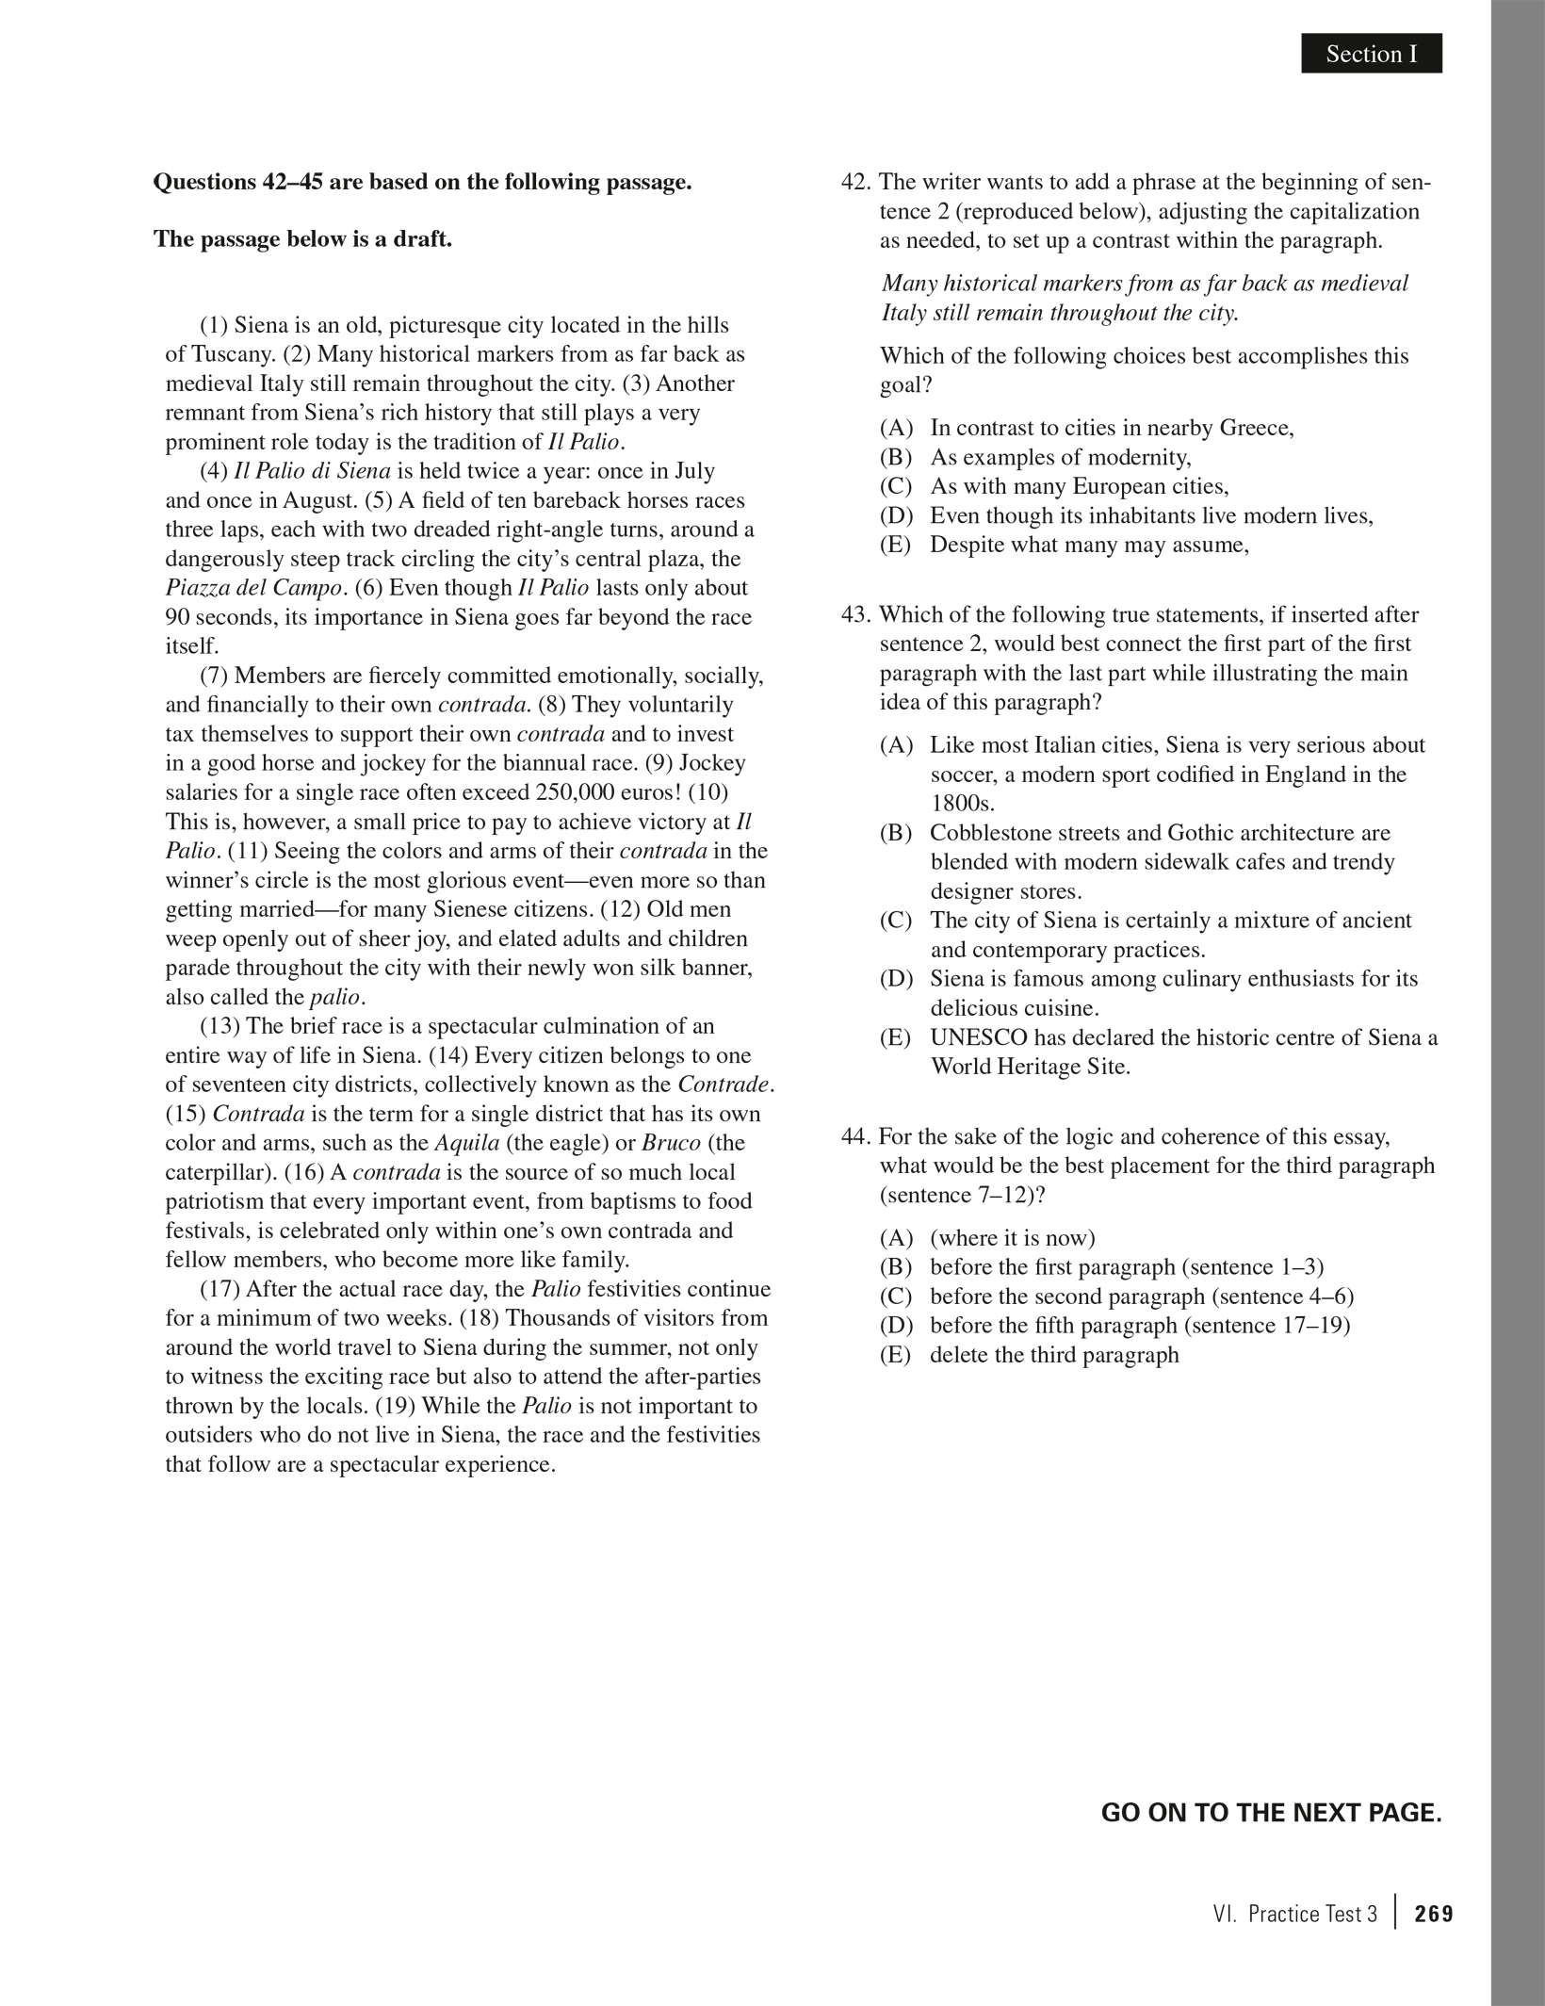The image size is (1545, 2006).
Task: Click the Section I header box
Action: click(1371, 54)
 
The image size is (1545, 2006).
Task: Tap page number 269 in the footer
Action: click(1433, 1914)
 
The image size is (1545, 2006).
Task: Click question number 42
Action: click(856, 182)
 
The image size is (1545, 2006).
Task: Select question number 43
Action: click(856, 615)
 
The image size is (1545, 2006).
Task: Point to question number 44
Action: click(856, 1136)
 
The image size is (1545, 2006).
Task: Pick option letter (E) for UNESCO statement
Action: click(896, 1038)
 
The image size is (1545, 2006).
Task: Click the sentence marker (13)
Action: click(220, 1026)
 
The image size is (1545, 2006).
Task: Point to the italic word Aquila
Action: click(466, 1143)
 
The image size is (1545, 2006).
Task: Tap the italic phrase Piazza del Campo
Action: click(253, 588)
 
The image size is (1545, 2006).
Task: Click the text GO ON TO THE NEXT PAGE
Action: click(1271, 1813)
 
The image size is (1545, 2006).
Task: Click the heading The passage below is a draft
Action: click(302, 239)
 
